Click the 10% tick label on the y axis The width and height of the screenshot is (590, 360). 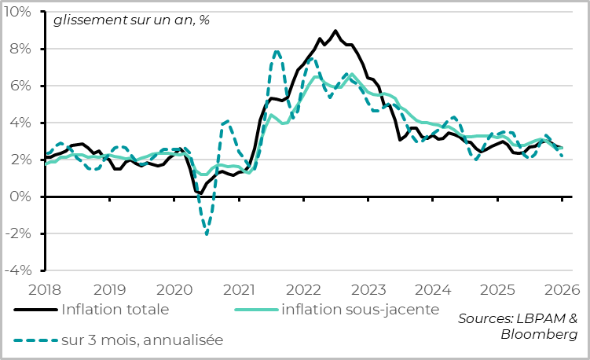17,12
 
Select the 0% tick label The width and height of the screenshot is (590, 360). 20,197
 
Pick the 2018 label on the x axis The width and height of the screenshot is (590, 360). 45,288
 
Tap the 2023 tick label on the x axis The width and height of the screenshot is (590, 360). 368,288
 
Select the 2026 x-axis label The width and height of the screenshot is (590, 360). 562,288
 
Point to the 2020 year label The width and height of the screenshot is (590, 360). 174,288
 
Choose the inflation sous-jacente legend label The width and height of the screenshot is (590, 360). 361,309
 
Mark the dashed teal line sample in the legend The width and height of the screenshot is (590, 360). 36,340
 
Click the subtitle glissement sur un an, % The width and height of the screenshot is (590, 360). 131,20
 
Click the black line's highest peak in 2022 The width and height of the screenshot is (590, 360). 335,31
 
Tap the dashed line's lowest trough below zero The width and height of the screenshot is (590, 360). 206,233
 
